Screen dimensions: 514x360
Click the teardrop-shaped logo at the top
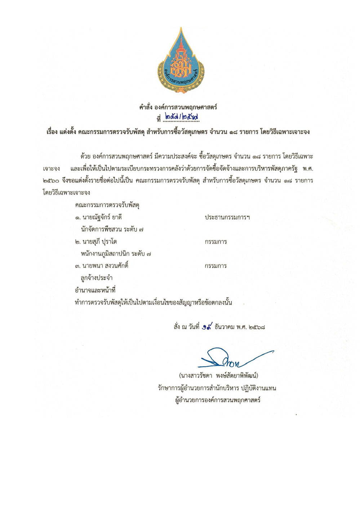pyautogui.click(x=180, y=61)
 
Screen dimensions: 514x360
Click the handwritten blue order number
pyautogui.click(x=182, y=117)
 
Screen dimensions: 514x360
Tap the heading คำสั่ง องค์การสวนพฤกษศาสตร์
pyautogui.click(x=178, y=107)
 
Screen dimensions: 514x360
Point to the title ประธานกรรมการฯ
pyautogui.click(x=227, y=217)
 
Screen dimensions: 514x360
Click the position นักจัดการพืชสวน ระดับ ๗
pyautogui.click(x=112, y=229)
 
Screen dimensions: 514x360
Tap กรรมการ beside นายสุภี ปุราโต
pyautogui.click(x=215, y=242)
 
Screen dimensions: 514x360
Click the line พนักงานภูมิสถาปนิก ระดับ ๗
pyautogui.click(x=116, y=254)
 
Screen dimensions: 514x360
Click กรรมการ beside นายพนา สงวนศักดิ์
pyautogui.click(x=215, y=266)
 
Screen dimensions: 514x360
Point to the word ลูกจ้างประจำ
pyautogui.click(x=97, y=278)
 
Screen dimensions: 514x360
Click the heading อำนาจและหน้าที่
pyautogui.click(x=95, y=290)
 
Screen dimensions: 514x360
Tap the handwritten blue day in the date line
pyautogui.click(x=207, y=327)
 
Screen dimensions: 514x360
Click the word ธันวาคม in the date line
pyautogui.click(x=224, y=327)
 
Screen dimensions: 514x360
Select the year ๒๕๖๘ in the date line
pyautogui.click(x=257, y=327)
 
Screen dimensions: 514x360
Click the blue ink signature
pyautogui.click(x=231, y=358)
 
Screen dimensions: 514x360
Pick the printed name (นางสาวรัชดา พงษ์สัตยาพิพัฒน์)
pyautogui.click(x=218, y=376)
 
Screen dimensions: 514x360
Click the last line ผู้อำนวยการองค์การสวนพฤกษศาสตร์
pyautogui.click(x=218, y=400)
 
